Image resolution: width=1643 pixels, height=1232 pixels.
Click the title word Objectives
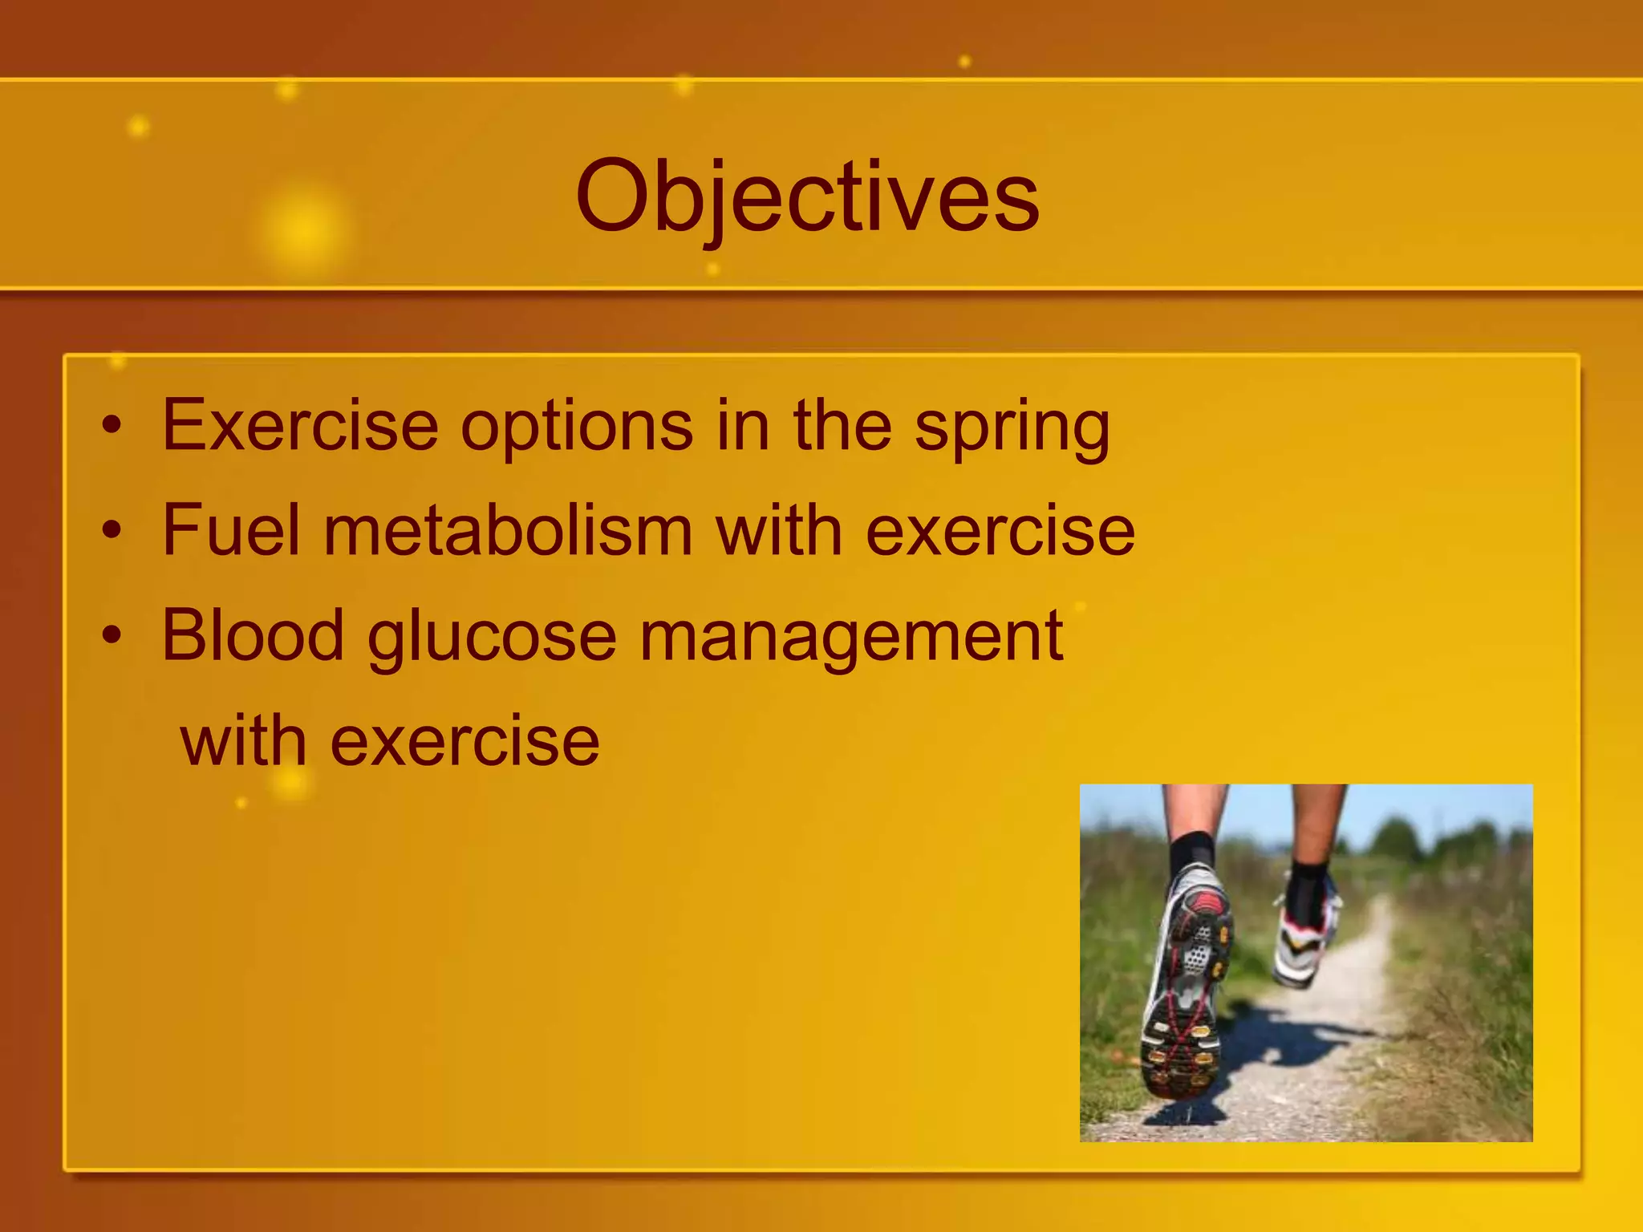click(807, 197)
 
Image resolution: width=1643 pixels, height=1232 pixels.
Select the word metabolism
click(508, 530)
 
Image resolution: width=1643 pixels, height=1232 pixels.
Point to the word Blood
click(253, 635)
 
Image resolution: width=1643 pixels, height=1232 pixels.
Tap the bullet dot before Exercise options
click(113, 426)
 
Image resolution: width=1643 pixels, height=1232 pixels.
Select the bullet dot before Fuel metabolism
click(113, 531)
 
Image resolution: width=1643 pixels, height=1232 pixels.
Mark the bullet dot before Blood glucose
click(113, 636)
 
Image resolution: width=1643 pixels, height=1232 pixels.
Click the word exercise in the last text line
click(465, 743)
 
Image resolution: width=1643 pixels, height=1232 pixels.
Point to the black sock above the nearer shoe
click(1191, 853)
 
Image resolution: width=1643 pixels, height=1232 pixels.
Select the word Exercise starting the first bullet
click(300, 426)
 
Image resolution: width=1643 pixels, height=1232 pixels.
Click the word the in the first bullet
click(842, 426)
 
